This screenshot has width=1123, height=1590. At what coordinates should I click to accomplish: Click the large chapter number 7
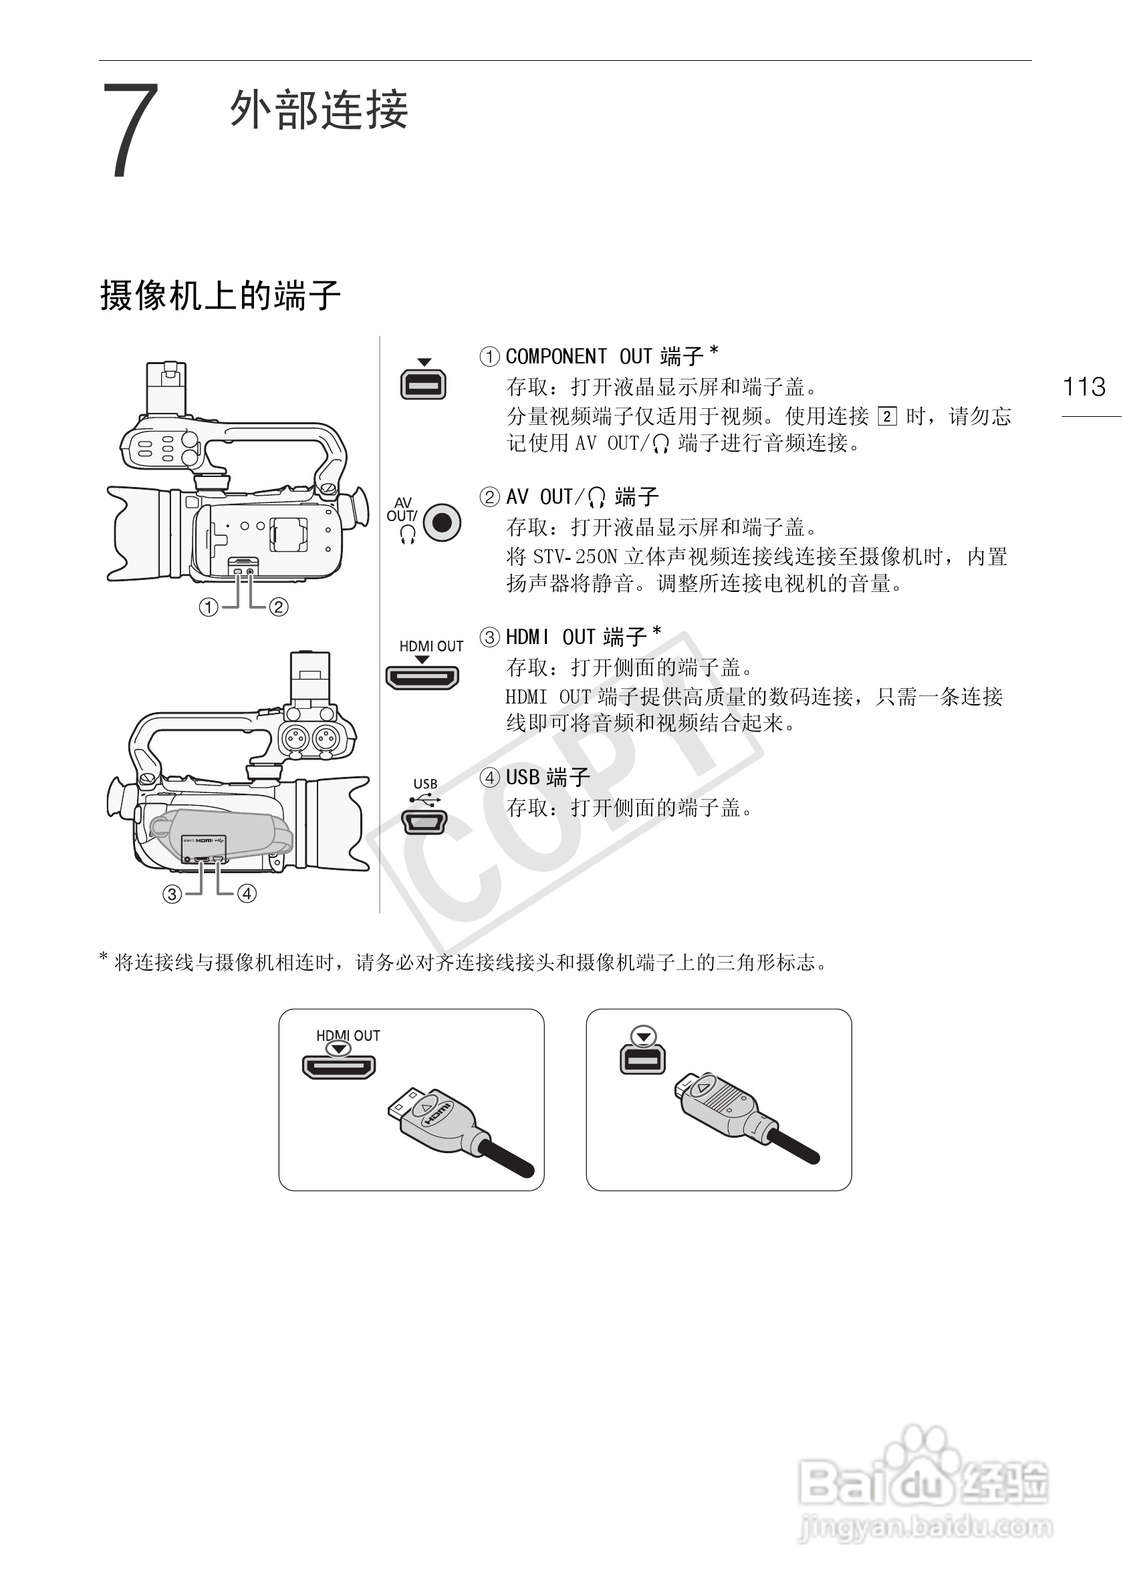131,130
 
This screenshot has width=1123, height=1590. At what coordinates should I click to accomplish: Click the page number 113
1084,386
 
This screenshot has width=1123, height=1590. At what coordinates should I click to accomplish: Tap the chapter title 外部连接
320,110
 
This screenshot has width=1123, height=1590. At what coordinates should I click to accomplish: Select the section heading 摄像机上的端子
221,296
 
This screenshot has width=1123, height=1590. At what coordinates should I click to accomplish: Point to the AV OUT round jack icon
442,522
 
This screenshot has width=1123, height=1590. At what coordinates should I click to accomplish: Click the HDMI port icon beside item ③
422,677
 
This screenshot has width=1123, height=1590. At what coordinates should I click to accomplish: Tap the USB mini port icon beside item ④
424,822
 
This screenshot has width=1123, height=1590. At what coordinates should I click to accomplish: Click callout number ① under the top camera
209,607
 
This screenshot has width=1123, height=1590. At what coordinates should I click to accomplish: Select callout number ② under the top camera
279,607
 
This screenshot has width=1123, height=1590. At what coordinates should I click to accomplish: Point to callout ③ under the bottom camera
172,894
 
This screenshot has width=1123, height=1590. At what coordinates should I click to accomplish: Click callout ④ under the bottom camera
247,894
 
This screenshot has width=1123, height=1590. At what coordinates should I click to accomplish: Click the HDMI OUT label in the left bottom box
348,1036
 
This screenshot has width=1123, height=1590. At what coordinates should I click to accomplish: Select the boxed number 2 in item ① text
887,416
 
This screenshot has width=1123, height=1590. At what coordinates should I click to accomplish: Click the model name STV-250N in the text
575,556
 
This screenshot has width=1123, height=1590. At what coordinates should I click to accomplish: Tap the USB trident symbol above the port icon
424,800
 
